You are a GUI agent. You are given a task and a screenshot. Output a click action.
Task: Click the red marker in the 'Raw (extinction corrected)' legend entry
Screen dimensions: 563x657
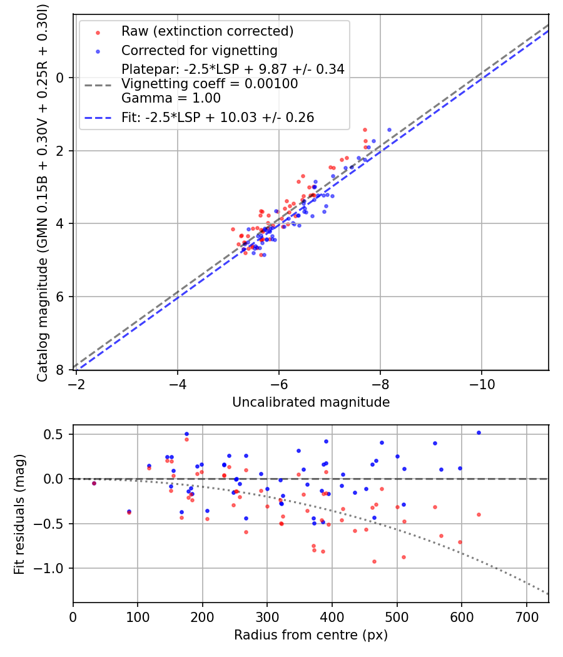point(98,33)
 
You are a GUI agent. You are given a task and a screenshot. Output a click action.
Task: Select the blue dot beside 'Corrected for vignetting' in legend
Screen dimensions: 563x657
point(98,51)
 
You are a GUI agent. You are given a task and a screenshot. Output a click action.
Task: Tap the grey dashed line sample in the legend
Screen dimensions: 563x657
point(98,85)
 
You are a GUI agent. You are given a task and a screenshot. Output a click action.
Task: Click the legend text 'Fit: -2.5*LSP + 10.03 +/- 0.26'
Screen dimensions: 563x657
point(218,118)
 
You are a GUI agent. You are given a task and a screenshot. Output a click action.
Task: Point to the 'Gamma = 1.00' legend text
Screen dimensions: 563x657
point(171,98)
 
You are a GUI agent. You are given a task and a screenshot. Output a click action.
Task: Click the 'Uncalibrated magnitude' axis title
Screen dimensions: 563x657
point(311,402)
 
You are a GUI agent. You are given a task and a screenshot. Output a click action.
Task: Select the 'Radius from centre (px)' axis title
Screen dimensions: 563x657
point(311,635)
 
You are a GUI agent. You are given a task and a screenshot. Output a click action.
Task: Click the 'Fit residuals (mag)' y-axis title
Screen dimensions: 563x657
point(19,514)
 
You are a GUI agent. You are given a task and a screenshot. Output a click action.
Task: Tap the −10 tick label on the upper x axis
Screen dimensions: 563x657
point(482,384)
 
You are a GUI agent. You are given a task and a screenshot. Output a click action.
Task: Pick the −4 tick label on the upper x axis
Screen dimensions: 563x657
point(178,384)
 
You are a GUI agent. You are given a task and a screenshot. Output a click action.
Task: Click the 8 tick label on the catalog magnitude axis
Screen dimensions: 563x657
point(60,370)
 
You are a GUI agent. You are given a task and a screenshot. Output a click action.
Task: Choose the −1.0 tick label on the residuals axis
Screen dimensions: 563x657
point(48,569)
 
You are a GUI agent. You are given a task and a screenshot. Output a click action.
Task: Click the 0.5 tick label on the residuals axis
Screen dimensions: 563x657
point(53,434)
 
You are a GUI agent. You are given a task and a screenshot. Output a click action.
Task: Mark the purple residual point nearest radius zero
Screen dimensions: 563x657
point(94,484)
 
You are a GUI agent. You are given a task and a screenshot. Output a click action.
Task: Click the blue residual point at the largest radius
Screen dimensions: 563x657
point(479,433)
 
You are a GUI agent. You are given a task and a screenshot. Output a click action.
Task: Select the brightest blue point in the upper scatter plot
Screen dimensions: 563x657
point(389,130)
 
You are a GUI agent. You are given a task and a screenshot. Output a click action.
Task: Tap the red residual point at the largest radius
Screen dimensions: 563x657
point(479,514)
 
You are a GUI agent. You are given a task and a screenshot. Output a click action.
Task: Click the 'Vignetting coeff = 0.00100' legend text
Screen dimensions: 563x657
point(210,84)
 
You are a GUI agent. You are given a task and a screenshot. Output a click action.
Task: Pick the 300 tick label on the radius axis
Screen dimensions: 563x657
point(267,617)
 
